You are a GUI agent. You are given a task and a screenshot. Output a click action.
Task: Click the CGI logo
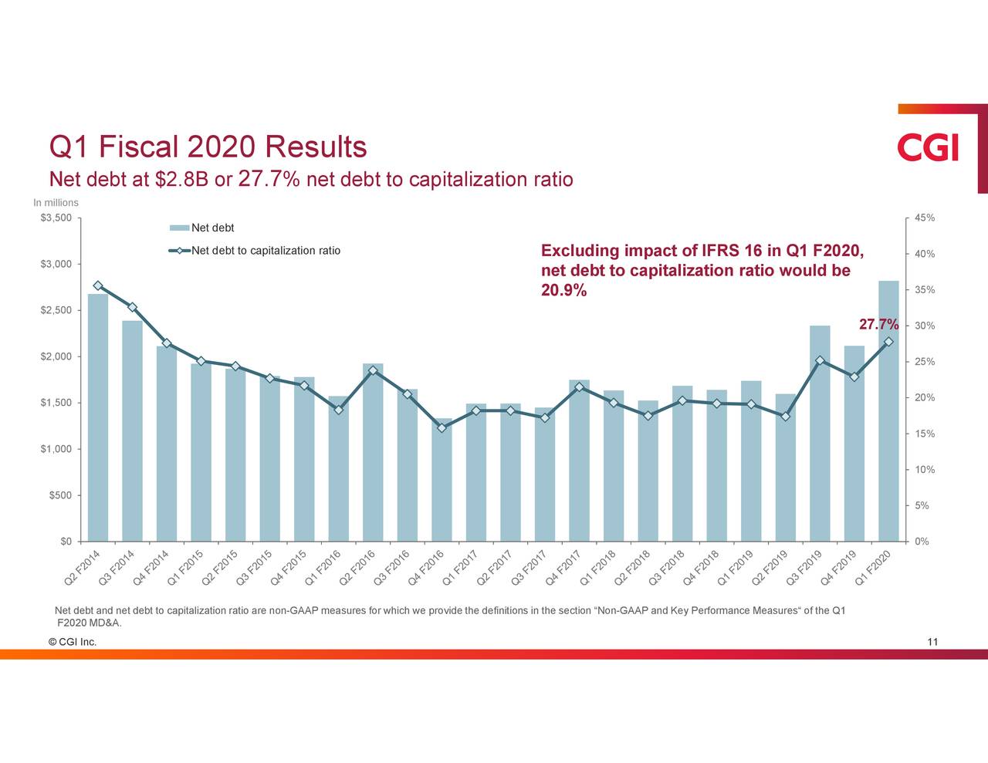click(x=928, y=147)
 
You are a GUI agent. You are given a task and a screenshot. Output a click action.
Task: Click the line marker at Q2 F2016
click(x=373, y=370)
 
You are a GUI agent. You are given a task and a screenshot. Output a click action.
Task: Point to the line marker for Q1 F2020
click(x=888, y=342)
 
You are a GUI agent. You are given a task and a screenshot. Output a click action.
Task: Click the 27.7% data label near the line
click(x=878, y=324)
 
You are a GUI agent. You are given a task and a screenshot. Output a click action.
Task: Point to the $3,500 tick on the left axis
click(x=56, y=218)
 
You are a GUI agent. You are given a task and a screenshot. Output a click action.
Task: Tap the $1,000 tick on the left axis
click(x=56, y=449)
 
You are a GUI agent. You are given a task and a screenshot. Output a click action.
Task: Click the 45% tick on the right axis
click(x=925, y=218)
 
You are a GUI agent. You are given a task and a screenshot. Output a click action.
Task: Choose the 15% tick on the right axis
click(x=925, y=434)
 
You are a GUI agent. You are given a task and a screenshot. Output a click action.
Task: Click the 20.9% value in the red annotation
click(x=563, y=291)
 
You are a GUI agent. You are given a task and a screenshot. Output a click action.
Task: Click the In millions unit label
click(x=56, y=203)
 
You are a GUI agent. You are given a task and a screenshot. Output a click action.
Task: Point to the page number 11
click(x=932, y=642)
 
